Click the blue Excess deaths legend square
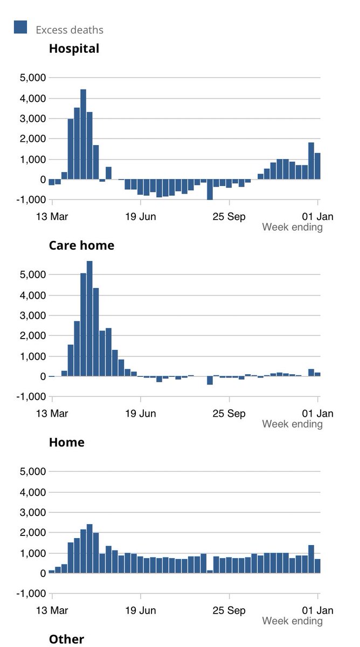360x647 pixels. pos(20,27)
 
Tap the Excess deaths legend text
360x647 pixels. pos(70,30)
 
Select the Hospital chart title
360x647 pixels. pos(74,49)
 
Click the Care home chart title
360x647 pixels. pos(81,245)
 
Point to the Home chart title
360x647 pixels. pos(66,442)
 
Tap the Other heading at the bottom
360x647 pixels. pos(66,639)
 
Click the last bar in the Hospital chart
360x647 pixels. pos(317,166)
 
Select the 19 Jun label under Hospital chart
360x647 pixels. pos(141,217)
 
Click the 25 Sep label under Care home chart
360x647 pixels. pos(230,414)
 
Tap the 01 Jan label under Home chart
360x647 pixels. pos(317,610)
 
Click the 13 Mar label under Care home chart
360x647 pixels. pos(52,414)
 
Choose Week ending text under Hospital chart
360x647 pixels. pos(292,227)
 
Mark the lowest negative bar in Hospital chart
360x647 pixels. pos(210,190)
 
